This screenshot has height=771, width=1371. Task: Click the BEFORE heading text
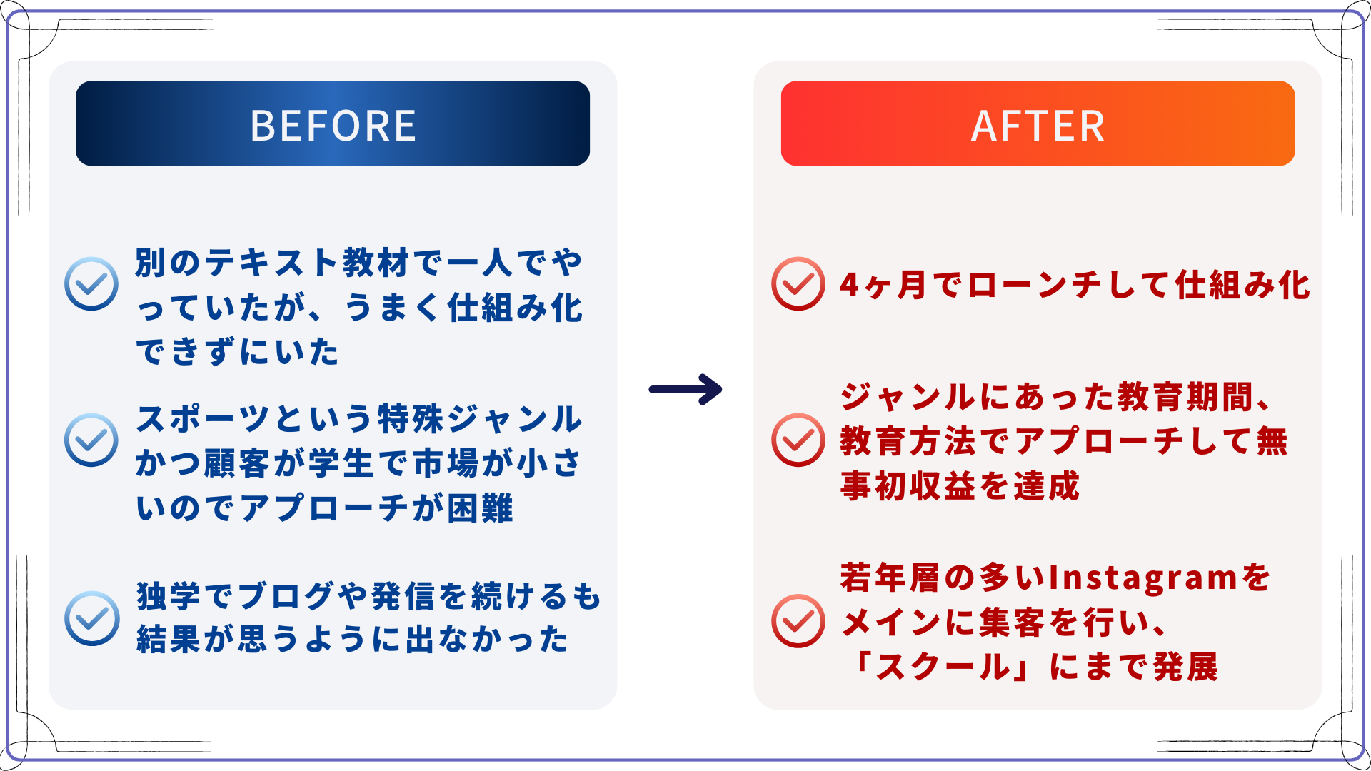pos(333,126)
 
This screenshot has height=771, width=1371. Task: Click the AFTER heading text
pos(1038,126)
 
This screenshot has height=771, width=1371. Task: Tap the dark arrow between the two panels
pos(685,389)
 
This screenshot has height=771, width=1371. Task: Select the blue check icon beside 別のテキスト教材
pos(91,283)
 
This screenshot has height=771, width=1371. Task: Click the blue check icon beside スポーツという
pos(91,440)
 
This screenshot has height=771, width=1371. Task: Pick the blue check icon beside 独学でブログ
pos(91,618)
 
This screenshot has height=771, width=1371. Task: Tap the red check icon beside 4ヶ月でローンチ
pos(798,283)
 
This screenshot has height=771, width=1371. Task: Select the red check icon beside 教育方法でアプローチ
pos(798,440)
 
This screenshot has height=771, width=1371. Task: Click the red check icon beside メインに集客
pos(798,621)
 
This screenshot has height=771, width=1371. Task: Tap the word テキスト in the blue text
pos(272,263)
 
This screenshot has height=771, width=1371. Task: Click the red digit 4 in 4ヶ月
pos(850,285)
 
